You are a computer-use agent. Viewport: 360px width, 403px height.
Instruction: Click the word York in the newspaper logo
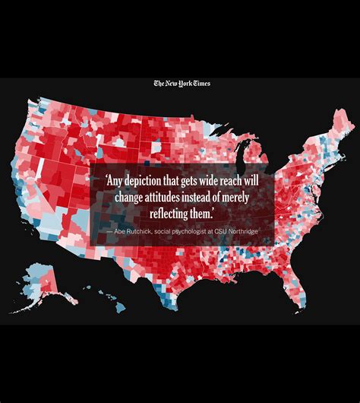tap(182, 84)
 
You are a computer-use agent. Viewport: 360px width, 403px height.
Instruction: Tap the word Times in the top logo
tap(200, 84)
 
